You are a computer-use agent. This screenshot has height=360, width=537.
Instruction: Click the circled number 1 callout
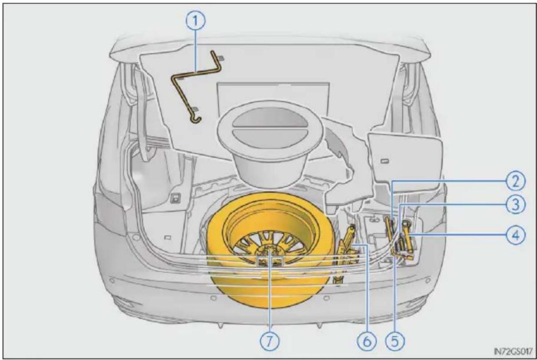tap(195, 20)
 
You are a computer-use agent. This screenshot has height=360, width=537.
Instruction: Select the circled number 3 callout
tap(516, 204)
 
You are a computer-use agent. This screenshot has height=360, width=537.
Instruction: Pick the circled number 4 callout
tap(516, 235)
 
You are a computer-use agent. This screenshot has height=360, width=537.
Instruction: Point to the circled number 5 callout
tap(395, 341)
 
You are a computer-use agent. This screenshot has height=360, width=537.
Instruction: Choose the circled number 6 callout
tap(367, 341)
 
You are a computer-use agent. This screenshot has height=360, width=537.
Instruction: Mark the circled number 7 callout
tap(270, 341)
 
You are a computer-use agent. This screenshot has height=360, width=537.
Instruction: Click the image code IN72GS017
tap(513, 352)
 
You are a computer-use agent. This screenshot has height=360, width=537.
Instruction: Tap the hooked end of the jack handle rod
tap(197, 120)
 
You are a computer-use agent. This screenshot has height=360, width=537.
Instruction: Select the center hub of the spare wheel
tap(270, 252)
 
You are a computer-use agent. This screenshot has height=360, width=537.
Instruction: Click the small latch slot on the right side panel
tap(385, 161)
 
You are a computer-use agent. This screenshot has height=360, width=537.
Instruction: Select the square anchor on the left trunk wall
tap(176, 198)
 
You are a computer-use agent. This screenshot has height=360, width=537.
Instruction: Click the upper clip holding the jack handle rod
tap(221, 58)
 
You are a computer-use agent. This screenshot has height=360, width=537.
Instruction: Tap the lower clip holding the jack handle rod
tap(195, 109)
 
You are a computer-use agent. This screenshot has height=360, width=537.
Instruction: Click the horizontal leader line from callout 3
tap(453, 204)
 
